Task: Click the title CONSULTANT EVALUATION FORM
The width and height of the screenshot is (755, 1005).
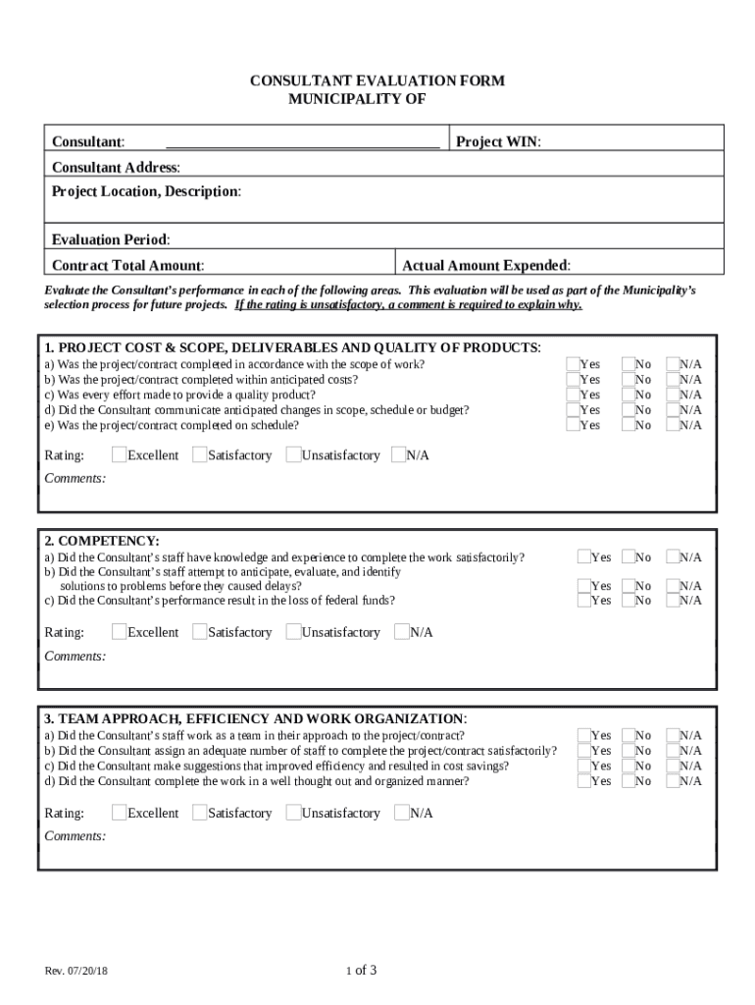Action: point(377,80)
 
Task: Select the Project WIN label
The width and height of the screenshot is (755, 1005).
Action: point(498,142)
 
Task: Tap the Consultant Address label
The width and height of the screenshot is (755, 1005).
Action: point(116,168)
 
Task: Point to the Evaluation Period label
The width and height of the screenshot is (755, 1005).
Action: point(110,240)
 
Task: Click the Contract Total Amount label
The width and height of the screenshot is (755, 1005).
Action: point(127,266)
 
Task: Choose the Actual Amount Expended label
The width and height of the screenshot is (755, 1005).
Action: point(486,266)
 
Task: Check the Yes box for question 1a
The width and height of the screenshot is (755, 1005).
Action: point(573,364)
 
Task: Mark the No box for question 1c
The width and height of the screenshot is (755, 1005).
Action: point(628,395)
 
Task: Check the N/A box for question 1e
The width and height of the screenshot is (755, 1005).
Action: point(673,425)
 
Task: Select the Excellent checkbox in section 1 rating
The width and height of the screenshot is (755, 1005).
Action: point(119,455)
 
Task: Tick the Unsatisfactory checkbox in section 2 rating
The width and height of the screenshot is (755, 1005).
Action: point(293,632)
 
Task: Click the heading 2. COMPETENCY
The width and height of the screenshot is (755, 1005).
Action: point(102,541)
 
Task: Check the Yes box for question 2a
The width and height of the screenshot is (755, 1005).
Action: point(583,557)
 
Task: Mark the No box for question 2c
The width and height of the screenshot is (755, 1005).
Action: point(628,600)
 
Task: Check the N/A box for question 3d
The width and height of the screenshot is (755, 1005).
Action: point(673,781)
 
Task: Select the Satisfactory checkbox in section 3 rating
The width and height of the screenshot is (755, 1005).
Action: point(200,813)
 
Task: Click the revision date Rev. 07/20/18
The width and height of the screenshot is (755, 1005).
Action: point(76,972)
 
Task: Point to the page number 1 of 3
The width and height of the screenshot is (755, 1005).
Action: point(361,971)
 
